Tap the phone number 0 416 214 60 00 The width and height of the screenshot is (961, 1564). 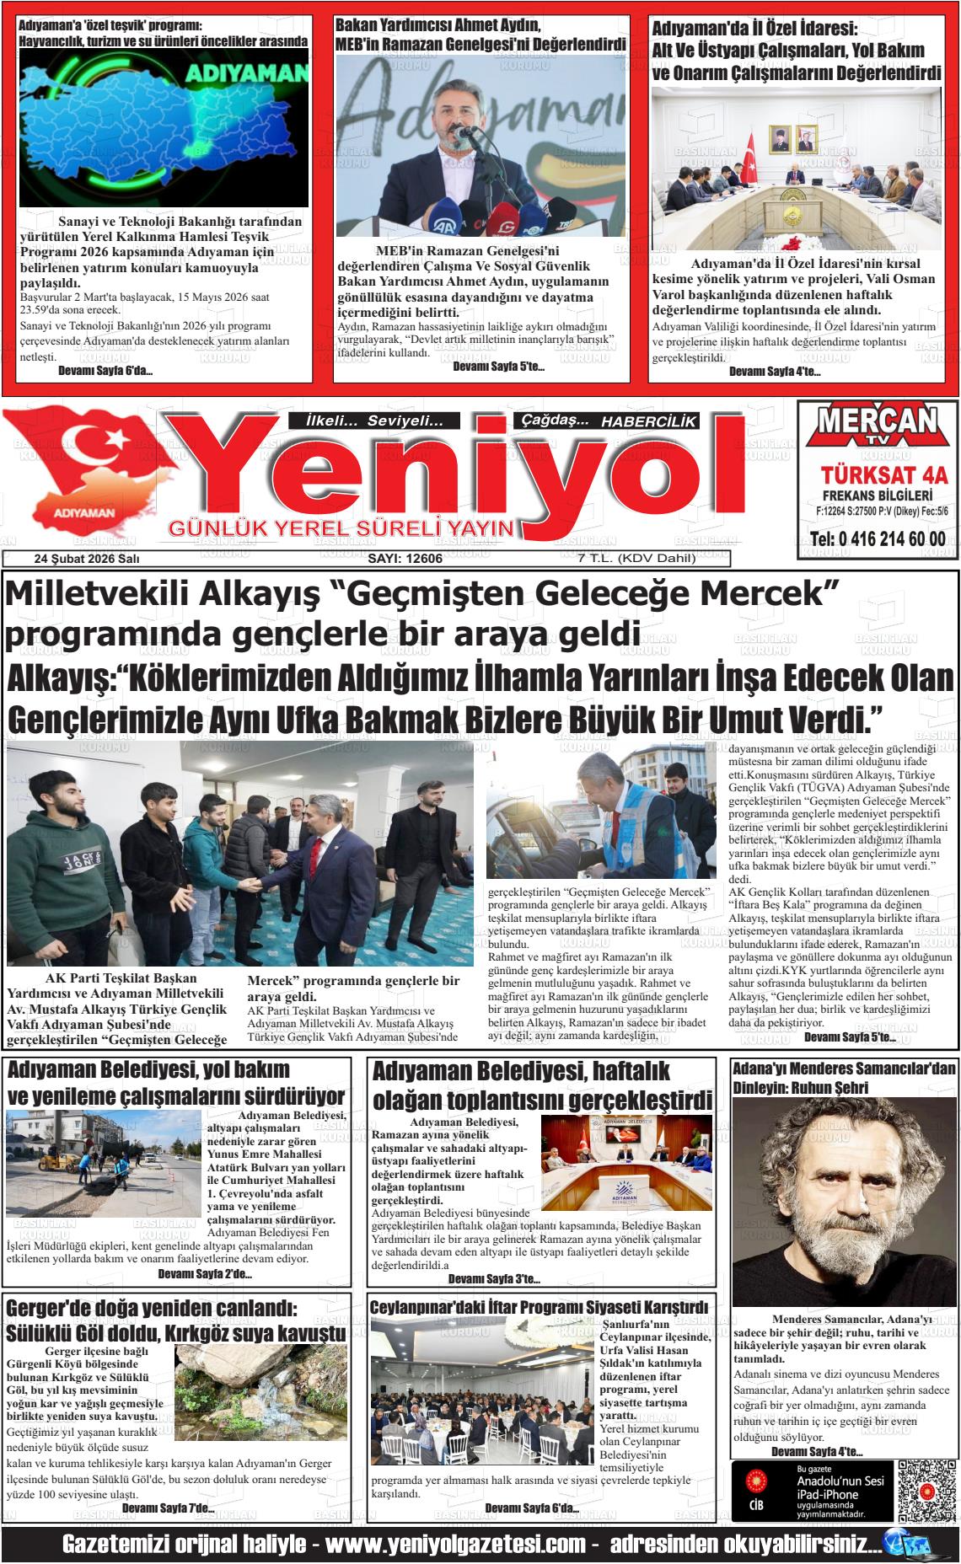pos(877,539)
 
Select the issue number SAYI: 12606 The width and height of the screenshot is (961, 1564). pos(405,559)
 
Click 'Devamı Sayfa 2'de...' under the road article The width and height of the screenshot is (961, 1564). pos(205,1274)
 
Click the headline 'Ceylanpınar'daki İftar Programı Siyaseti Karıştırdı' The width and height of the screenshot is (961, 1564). pos(539,1306)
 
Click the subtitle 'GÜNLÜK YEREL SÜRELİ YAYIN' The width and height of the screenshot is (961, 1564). pos(341,529)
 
